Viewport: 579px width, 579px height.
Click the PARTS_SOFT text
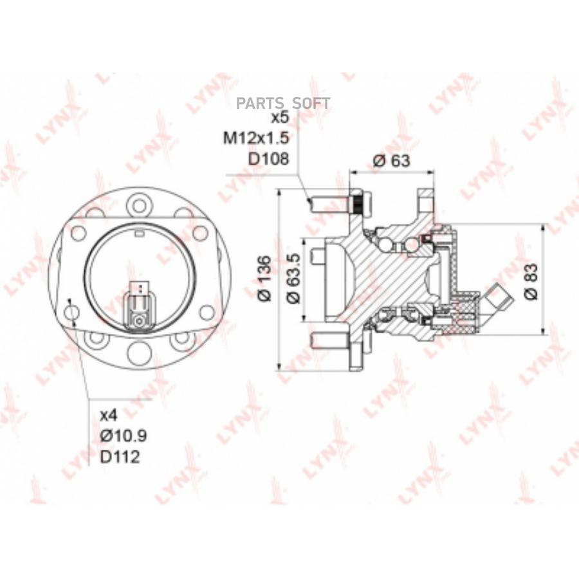(x=283, y=103)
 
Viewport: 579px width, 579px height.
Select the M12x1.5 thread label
(x=257, y=138)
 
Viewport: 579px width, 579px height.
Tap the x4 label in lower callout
(x=110, y=415)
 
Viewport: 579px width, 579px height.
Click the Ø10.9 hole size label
(x=124, y=436)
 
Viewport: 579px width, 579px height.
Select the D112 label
(x=120, y=457)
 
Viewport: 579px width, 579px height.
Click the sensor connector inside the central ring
(x=138, y=309)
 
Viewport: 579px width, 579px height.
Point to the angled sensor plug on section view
(x=497, y=299)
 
